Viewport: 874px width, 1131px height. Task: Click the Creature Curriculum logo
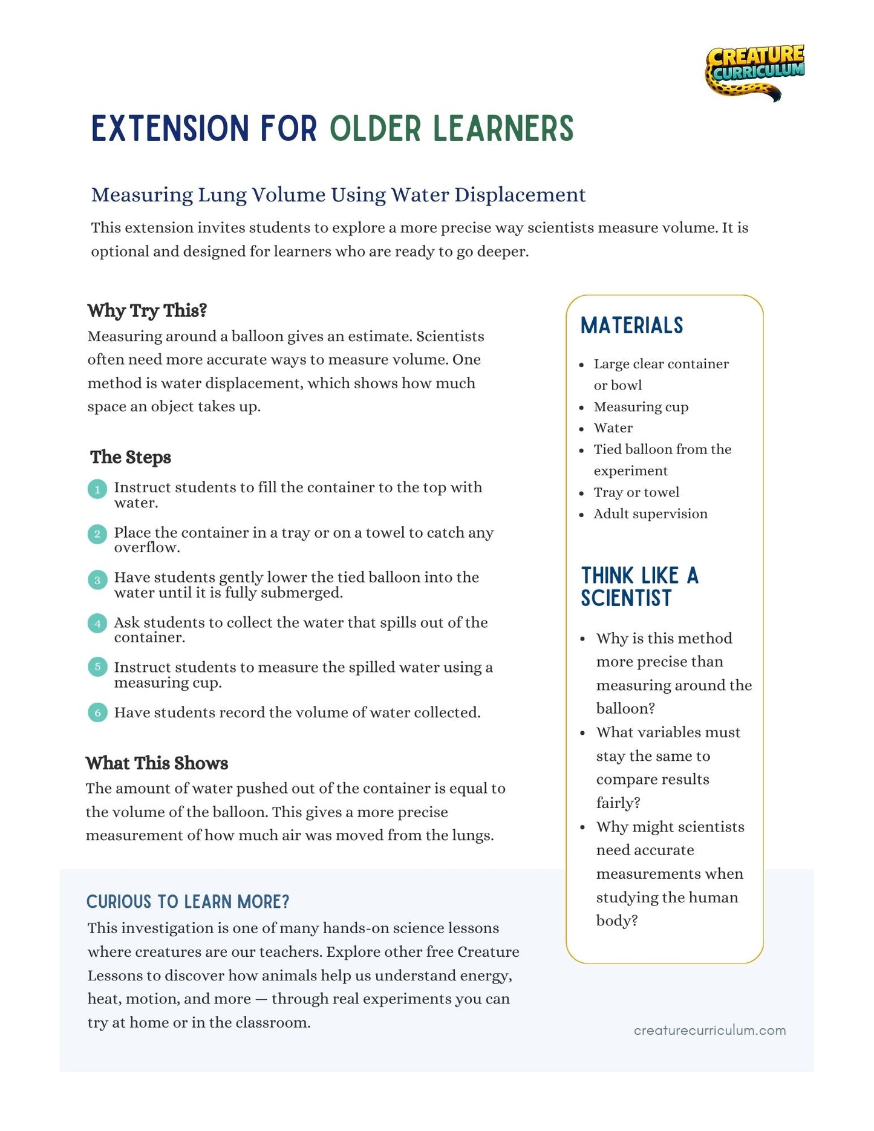click(755, 71)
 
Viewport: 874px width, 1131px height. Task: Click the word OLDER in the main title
click(375, 128)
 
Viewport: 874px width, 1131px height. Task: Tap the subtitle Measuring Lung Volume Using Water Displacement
click(338, 195)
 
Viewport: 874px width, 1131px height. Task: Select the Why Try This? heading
click(147, 310)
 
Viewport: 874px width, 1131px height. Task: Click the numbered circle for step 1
click(97, 489)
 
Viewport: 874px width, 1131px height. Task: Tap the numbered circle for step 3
click(97, 579)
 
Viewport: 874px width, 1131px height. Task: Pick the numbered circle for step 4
click(97, 624)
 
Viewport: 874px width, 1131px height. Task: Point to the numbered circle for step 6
click(97, 713)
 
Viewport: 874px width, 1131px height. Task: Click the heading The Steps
click(131, 457)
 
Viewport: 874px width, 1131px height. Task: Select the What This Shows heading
click(157, 763)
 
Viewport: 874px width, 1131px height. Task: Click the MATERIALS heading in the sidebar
click(631, 325)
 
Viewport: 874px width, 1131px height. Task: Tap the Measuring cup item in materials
click(641, 407)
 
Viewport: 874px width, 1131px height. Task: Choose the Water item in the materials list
click(613, 428)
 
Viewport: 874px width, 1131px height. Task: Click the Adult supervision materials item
click(650, 514)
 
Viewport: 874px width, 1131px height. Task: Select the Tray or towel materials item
click(636, 492)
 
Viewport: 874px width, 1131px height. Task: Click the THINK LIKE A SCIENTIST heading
click(639, 587)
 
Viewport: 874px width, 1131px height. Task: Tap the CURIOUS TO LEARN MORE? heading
click(188, 902)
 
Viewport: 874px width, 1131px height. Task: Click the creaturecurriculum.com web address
click(709, 1031)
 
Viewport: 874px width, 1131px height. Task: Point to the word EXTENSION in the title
click(170, 128)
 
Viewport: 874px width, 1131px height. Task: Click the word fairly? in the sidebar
click(618, 803)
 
